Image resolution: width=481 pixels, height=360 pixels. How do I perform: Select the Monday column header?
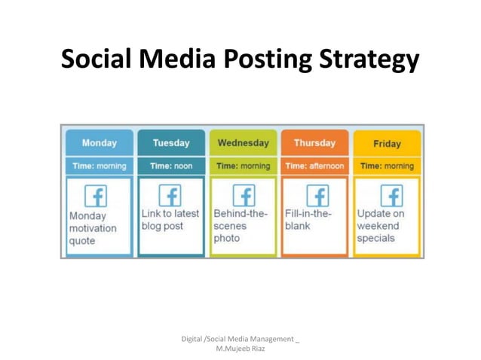(99, 142)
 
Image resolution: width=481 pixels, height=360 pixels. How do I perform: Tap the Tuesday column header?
(171, 142)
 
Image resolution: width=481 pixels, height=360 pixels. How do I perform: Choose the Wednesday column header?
(243, 142)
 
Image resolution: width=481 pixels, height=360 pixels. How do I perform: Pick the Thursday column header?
(314, 142)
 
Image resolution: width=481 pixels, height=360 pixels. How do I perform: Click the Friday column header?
(387, 143)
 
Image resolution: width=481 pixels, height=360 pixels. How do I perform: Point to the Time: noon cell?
(171, 166)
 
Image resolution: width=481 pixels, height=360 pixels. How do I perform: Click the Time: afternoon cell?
(314, 166)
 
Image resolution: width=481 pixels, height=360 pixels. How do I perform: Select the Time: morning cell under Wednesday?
(243, 166)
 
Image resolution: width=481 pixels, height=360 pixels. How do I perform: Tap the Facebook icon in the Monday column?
(96, 196)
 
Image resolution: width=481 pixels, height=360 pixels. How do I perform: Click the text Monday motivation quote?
(93, 228)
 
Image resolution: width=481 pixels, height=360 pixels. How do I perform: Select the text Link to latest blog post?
(170, 220)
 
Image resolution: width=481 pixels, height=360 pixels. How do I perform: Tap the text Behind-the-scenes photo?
(240, 226)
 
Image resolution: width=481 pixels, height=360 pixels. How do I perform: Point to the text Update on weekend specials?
(380, 226)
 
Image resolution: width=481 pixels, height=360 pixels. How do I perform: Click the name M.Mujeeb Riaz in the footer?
(240, 349)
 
